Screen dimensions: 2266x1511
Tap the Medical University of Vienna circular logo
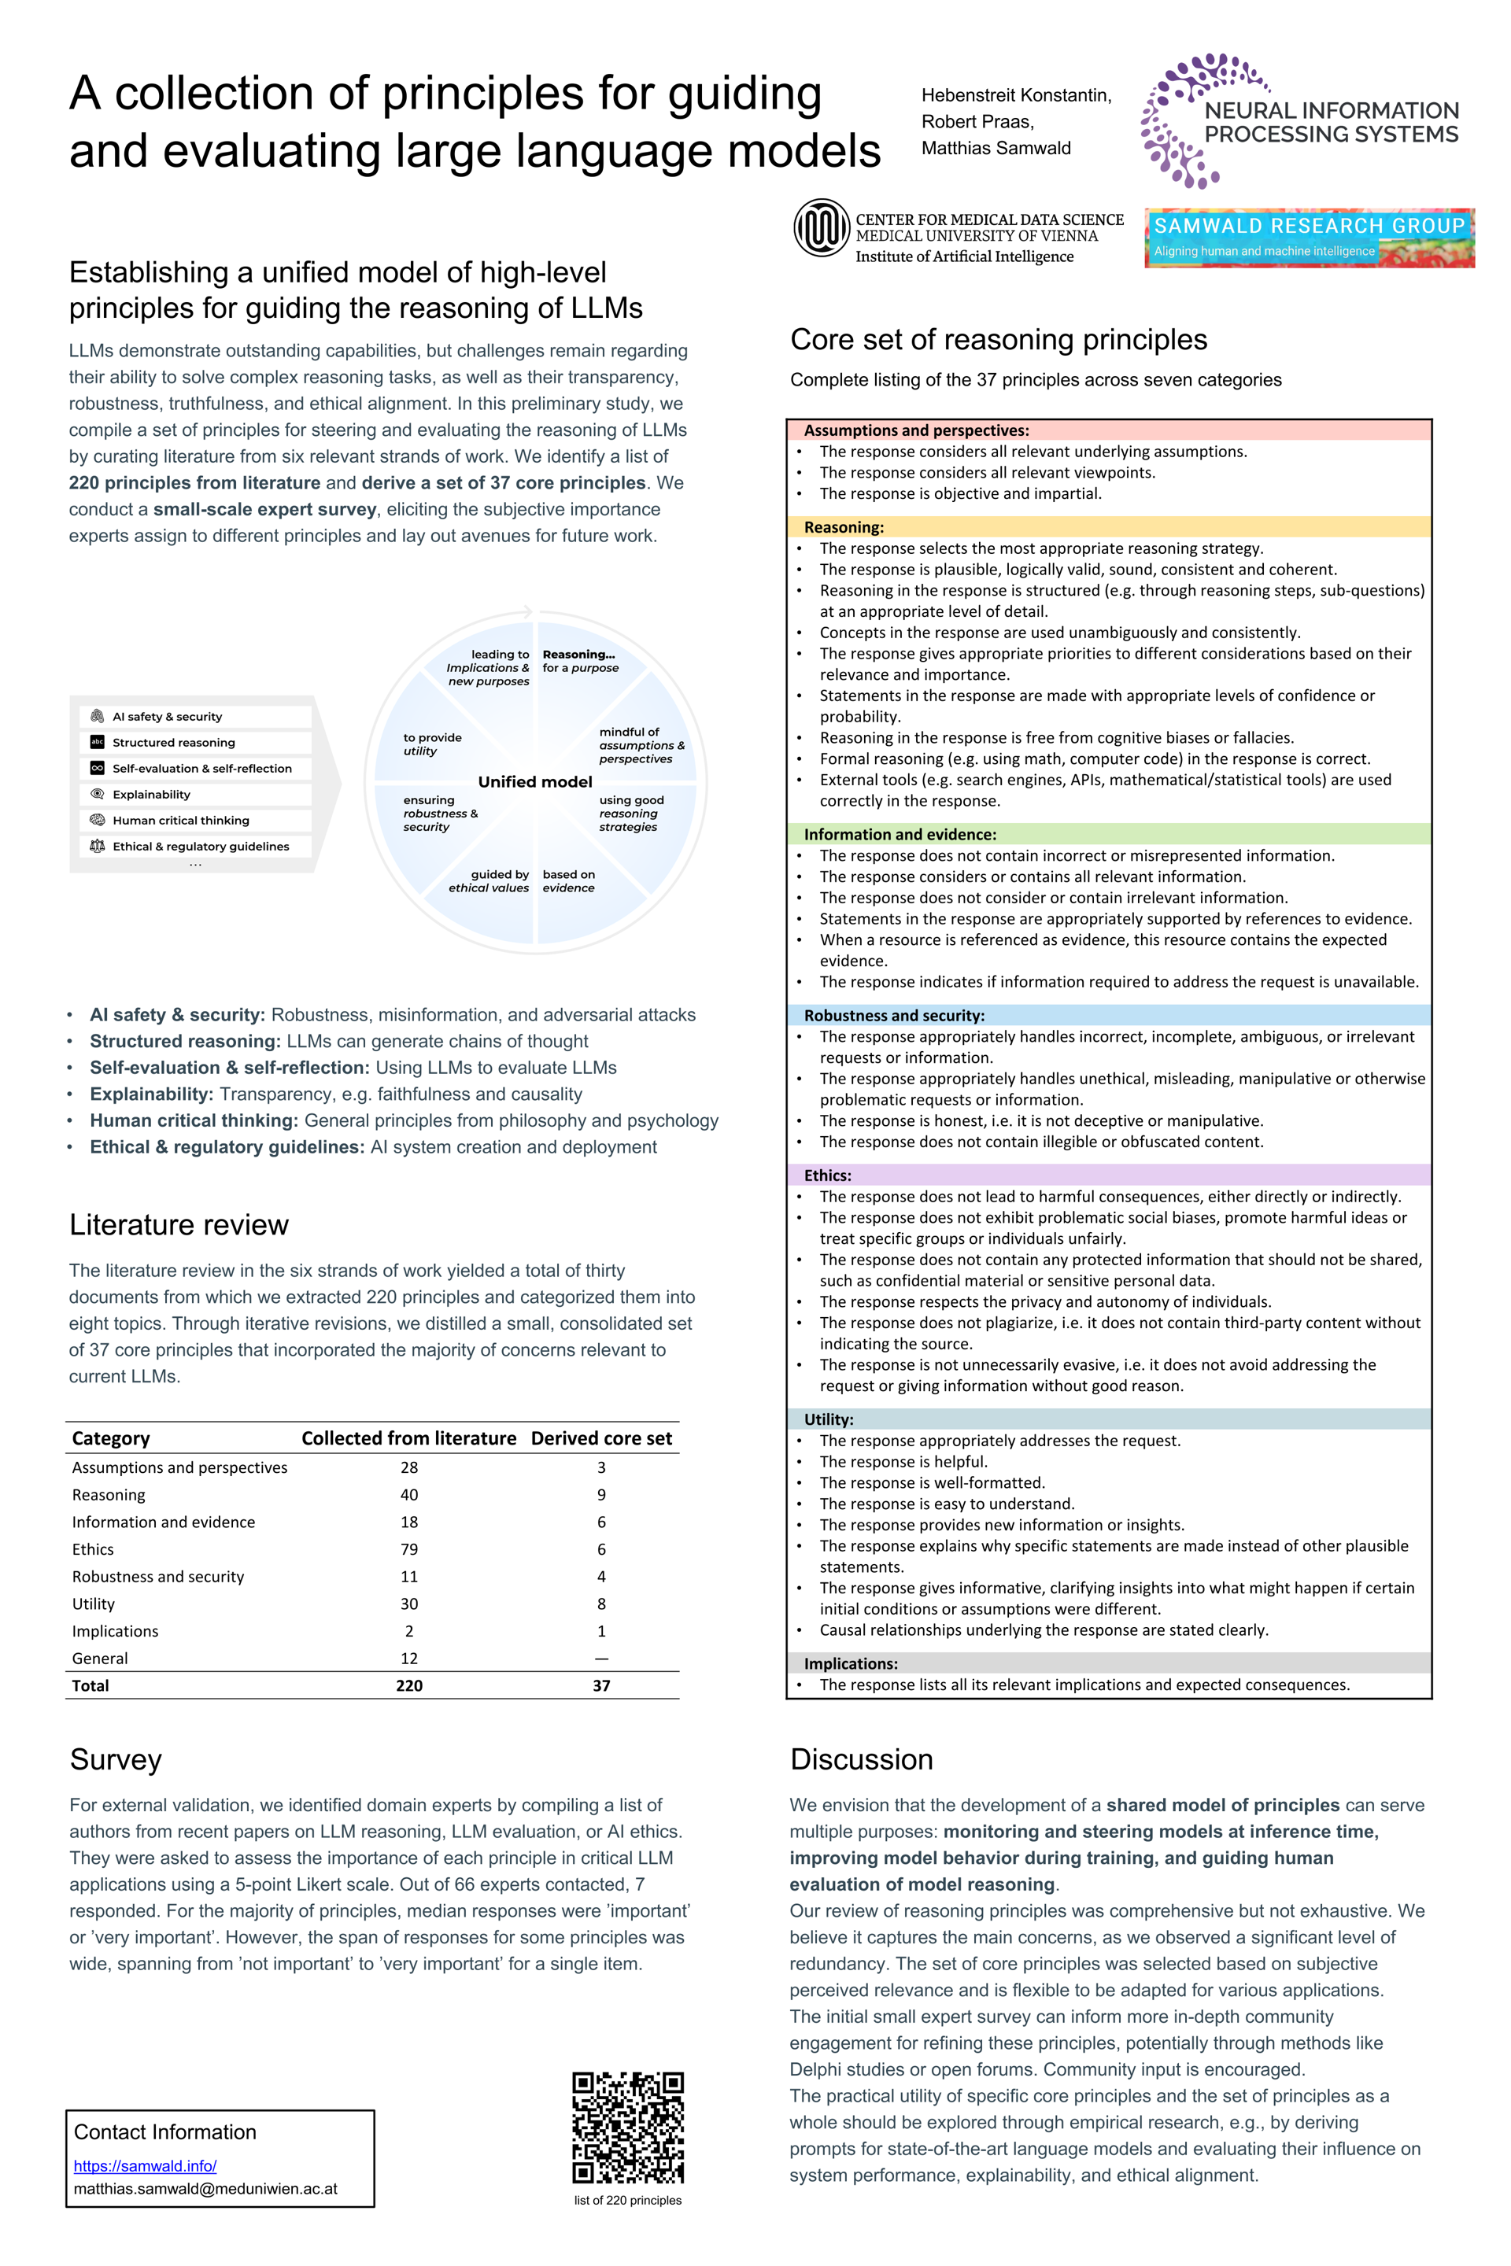pyautogui.click(x=821, y=227)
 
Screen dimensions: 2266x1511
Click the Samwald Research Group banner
pyautogui.click(x=1309, y=237)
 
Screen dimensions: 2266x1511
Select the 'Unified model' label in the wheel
pyautogui.click(x=535, y=781)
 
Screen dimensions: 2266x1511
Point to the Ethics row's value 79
pyautogui.click(x=408, y=1549)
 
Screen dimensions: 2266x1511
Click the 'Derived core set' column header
pyautogui.click(x=601, y=1437)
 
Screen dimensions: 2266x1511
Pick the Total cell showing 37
pyautogui.click(x=601, y=1685)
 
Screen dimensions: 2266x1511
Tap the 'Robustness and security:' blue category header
pyautogui.click(x=894, y=1016)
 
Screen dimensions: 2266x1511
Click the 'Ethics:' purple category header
pyautogui.click(x=828, y=1175)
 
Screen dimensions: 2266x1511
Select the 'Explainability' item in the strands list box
pyautogui.click(x=151, y=795)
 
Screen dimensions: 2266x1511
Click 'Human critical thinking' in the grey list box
pyautogui.click(x=180, y=821)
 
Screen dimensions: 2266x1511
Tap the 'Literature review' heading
pyautogui.click(x=179, y=1224)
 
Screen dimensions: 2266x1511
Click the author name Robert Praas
pyautogui.click(x=977, y=121)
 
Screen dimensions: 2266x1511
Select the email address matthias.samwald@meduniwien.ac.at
pyautogui.click(x=205, y=2188)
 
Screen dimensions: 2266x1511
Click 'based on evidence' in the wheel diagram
pyautogui.click(x=568, y=880)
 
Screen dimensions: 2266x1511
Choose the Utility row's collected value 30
pyautogui.click(x=408, y=1604)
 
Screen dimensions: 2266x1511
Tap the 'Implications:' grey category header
pyautogui.click(x=850, y=1664)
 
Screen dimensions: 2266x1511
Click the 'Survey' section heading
pyautogui.click(x=116, y=1759)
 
